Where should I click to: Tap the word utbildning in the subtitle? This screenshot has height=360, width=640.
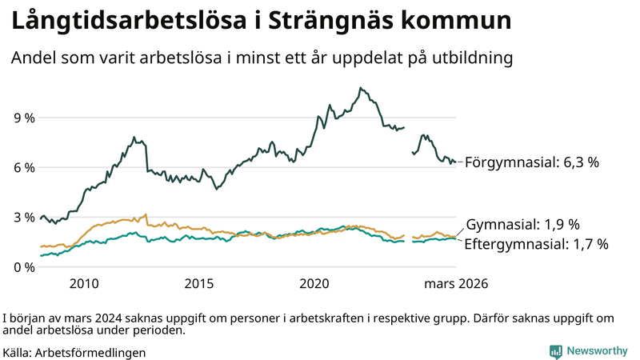(x=472, y=58)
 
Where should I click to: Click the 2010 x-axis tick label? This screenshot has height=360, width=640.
(x=84, y=283)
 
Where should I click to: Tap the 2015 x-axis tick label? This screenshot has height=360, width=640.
(x=199, y=283)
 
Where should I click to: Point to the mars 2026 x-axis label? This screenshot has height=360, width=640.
(x=456, y=283)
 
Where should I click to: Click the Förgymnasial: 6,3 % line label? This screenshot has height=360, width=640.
(x=531, y=162)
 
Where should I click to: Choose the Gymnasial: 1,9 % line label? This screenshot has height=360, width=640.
(x=522, y=224)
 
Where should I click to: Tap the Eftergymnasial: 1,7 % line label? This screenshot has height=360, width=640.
(x=537, y=243)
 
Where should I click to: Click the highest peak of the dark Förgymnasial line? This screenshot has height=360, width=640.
(x=361, y=88)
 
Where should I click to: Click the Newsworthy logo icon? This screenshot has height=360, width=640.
(x=555, y=351)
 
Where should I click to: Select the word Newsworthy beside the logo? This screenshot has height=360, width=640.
(x=597, y=351)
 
